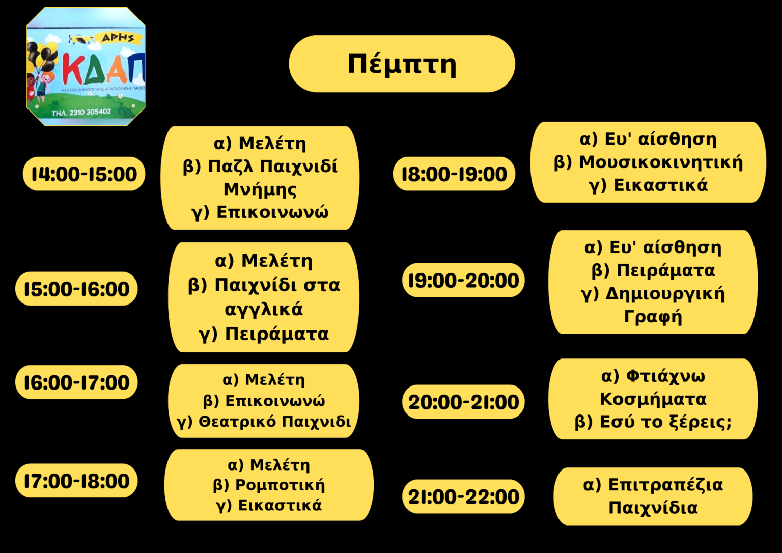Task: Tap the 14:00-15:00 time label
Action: [x=84, y=174]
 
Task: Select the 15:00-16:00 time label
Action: [x=76, y=289]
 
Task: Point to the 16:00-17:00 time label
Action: [x=76, y=382]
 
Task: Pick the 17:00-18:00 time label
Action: [x=76, y=481]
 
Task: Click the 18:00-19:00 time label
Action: [x=454, y=174]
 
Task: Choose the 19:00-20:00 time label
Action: [x=463, y=281]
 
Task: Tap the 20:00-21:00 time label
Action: [x=463, y=402]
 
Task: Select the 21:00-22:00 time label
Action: [x=463, y=496]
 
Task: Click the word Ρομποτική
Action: [x=280, y=485]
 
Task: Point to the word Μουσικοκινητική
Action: [x=661, y=162]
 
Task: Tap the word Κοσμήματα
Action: [x=653, y=399]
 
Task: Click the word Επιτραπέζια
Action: [x=665, y=485]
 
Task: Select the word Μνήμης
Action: [x=260, y=190]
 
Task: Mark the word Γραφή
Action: [x=653, y=317]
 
